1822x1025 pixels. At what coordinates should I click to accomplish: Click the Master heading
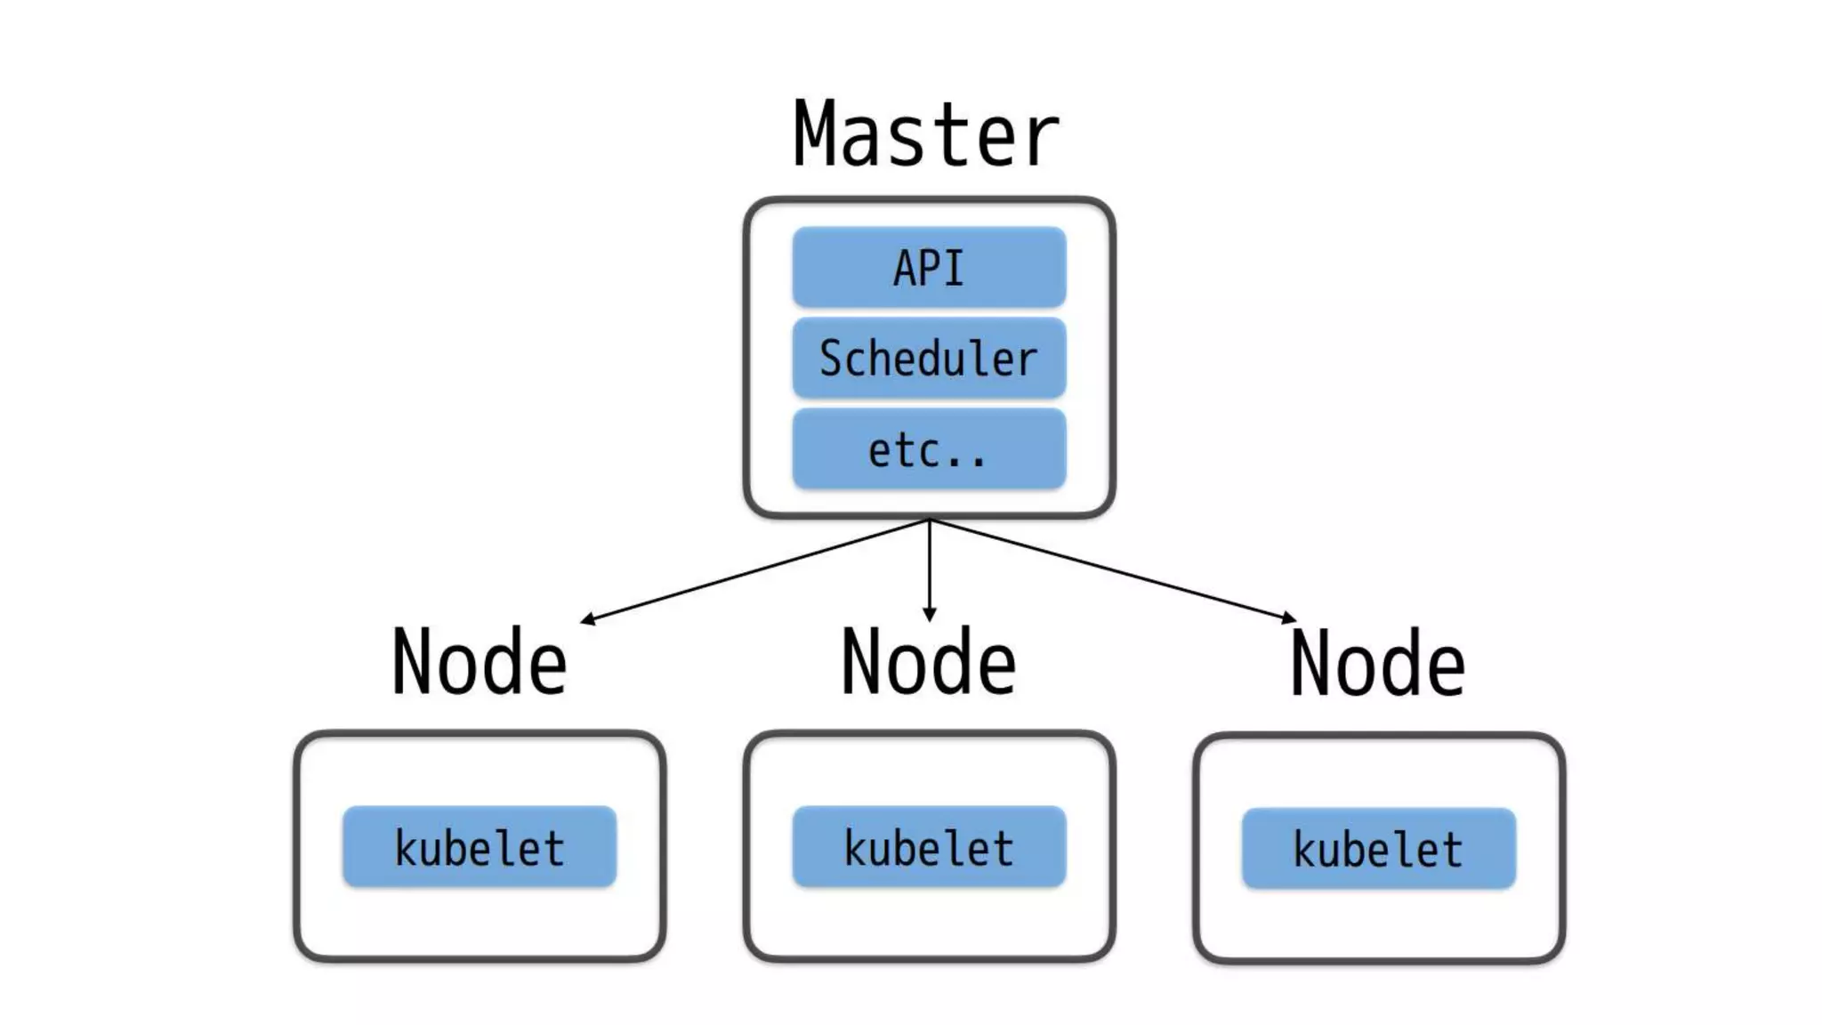click(x=925, y=135)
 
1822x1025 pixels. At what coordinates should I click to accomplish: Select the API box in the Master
click(x=929, y=267)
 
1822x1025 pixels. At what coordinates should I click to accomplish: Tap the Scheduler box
click(x=929, y=358)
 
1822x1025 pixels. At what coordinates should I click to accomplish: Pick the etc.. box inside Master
click(x=929, y=449)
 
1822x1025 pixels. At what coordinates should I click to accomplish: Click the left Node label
click(x=480, y=662)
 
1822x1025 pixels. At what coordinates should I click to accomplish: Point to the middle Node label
click(x=929, y=662)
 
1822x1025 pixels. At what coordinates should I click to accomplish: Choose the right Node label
click(x=1378, y=664)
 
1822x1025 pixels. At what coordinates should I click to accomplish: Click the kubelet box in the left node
click(x=480, y=847)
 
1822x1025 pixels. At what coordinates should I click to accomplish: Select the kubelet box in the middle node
click(x=929, y=847)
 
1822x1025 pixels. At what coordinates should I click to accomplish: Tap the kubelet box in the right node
click(x=1378, y=849)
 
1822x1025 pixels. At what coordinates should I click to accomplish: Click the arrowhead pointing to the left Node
click(x=587, y=619)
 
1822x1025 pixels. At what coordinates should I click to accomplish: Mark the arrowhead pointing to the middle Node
click(x=930, y=616)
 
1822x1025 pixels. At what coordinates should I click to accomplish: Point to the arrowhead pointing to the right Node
click(x=1288, y=617)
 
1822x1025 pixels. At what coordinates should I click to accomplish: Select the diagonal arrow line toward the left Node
click(x=756, y=570)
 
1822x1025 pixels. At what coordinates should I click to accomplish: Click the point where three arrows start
click(x=930, y=520)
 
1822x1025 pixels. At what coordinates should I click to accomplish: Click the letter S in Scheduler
click(x=830, y=358)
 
